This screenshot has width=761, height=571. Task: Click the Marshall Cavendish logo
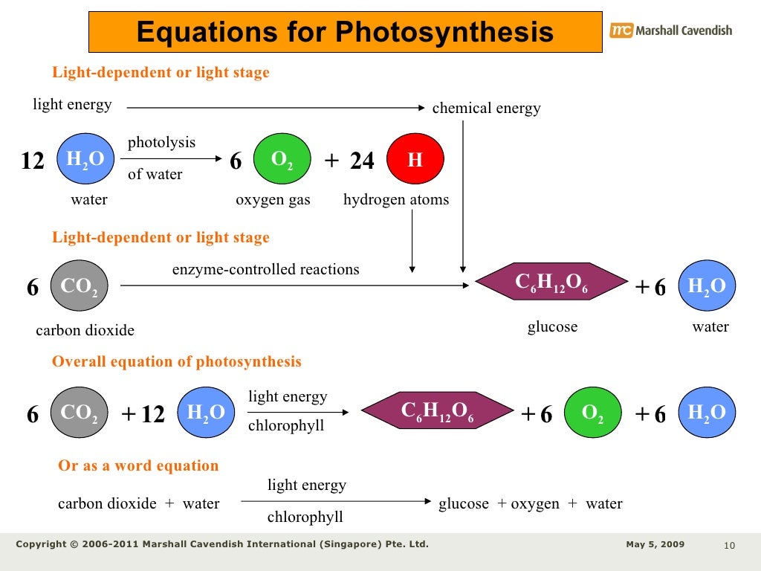point(670,30)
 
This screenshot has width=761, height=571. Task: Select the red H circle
point(415,160)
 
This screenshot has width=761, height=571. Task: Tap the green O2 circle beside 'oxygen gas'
point(282,160)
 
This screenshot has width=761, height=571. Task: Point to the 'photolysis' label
point(161,142)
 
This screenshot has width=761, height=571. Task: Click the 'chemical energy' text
point(486,109)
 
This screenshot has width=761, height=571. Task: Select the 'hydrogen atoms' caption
point(396,200)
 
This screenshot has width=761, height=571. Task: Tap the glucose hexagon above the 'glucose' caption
point(551,283)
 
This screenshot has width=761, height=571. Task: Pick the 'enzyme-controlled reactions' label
point(265,269)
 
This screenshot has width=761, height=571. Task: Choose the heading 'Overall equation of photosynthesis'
point(176,362)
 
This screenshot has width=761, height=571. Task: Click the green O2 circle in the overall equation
point(593,413)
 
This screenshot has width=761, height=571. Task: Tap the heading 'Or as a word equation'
point(138,466)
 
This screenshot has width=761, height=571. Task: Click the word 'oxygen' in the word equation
point(535,504)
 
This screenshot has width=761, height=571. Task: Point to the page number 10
point(728,547)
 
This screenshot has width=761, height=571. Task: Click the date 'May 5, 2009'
point(655,544)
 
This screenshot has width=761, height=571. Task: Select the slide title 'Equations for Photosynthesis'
point(345,32)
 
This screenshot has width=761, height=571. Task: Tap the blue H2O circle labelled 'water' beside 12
point(85,159)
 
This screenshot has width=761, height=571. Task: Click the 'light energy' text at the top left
point(72,105)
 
